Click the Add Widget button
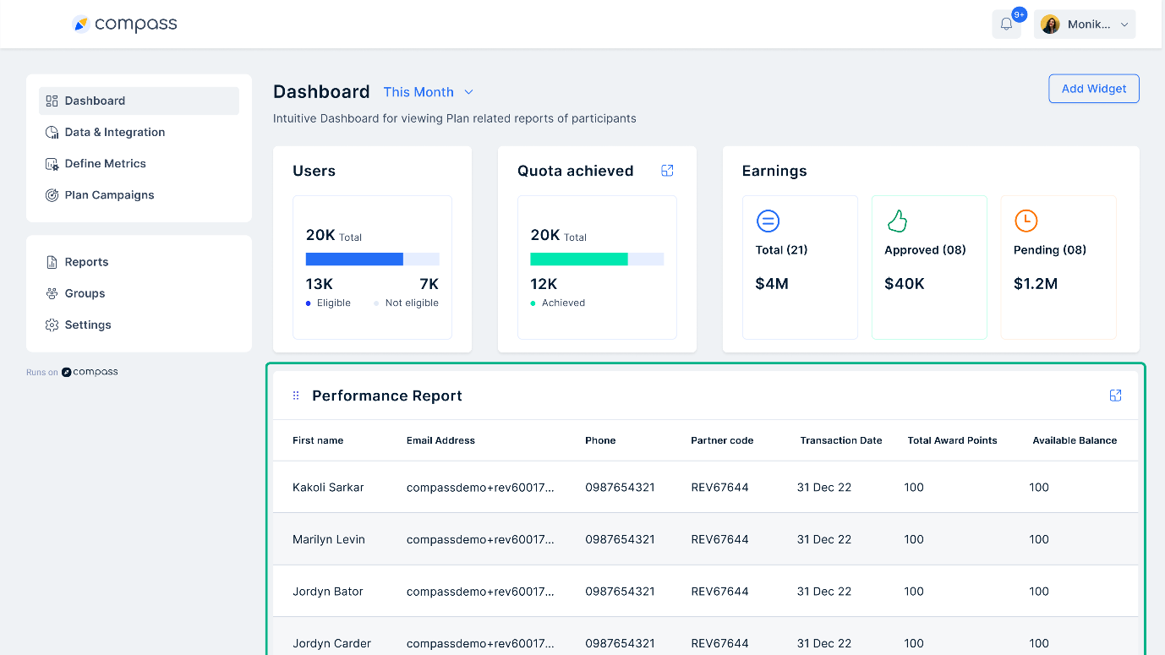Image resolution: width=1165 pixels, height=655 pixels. click(1093, 89)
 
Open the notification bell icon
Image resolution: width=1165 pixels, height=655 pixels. click(1006, 25)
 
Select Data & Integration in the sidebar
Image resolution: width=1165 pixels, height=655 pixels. click(114, 132)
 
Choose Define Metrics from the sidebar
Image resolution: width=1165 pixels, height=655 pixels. click(105, 163)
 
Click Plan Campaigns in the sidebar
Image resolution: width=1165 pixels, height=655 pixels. click(109, 194)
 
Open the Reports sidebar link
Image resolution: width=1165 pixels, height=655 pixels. click(86, 262)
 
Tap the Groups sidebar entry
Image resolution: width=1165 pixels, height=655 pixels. click(85, 293)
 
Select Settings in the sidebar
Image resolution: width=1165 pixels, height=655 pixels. click(88, 325)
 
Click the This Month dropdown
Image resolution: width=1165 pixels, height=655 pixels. click(428, 92)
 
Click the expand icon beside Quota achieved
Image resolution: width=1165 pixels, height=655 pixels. click(667, 171)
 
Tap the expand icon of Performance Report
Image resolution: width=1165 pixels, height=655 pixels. click(1115, 396)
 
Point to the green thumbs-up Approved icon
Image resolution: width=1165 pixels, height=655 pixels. click(896, 221)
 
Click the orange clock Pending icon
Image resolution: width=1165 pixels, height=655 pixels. click(1026, 221)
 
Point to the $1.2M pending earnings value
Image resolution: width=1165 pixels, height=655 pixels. click(1035, 284)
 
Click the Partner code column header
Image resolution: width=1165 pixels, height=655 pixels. click(721, 440)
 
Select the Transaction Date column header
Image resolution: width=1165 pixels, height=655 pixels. click(840, 440)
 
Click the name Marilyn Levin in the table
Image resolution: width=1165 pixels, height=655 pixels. click(328, 539)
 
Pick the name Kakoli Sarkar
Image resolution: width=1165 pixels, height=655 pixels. click(327, 488)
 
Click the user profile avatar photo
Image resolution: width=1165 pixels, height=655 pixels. click(1050, 25)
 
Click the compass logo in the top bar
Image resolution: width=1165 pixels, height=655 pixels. click(125, 25)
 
